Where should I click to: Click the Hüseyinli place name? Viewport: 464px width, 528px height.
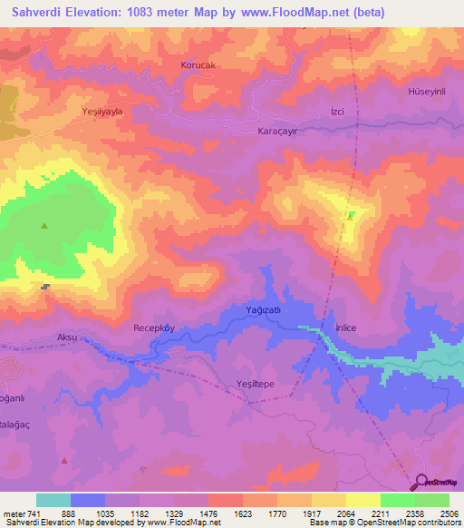click(429, 93)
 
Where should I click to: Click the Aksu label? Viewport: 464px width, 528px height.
click(67, 337)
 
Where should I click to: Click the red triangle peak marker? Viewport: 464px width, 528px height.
click(64, 461)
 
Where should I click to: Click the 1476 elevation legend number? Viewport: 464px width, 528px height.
click(208, 513)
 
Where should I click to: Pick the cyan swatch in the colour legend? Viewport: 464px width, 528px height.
click(53, 500)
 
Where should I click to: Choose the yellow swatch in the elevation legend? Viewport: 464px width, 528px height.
click(362, 500)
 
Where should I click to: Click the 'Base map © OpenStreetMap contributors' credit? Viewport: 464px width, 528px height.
click(383, 523)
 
